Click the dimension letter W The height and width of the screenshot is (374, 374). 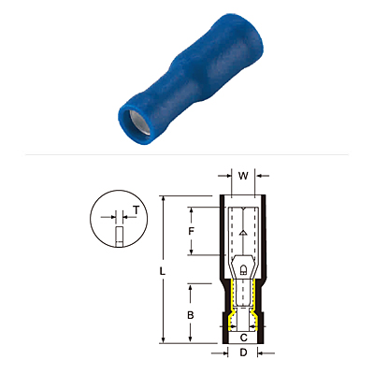coord(243,176)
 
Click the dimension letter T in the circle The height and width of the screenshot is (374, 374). coord(136,210)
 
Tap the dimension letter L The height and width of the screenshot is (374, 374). coord(162,271)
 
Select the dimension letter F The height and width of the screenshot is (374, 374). coord(192,231)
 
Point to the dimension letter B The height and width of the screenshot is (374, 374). coord(191,315)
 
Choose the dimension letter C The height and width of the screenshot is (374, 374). coord(244,338)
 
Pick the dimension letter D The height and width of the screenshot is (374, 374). coord(243,352)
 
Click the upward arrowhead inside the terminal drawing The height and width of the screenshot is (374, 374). coord(243,233)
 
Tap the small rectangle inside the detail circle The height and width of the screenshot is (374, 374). coord(119,237)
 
